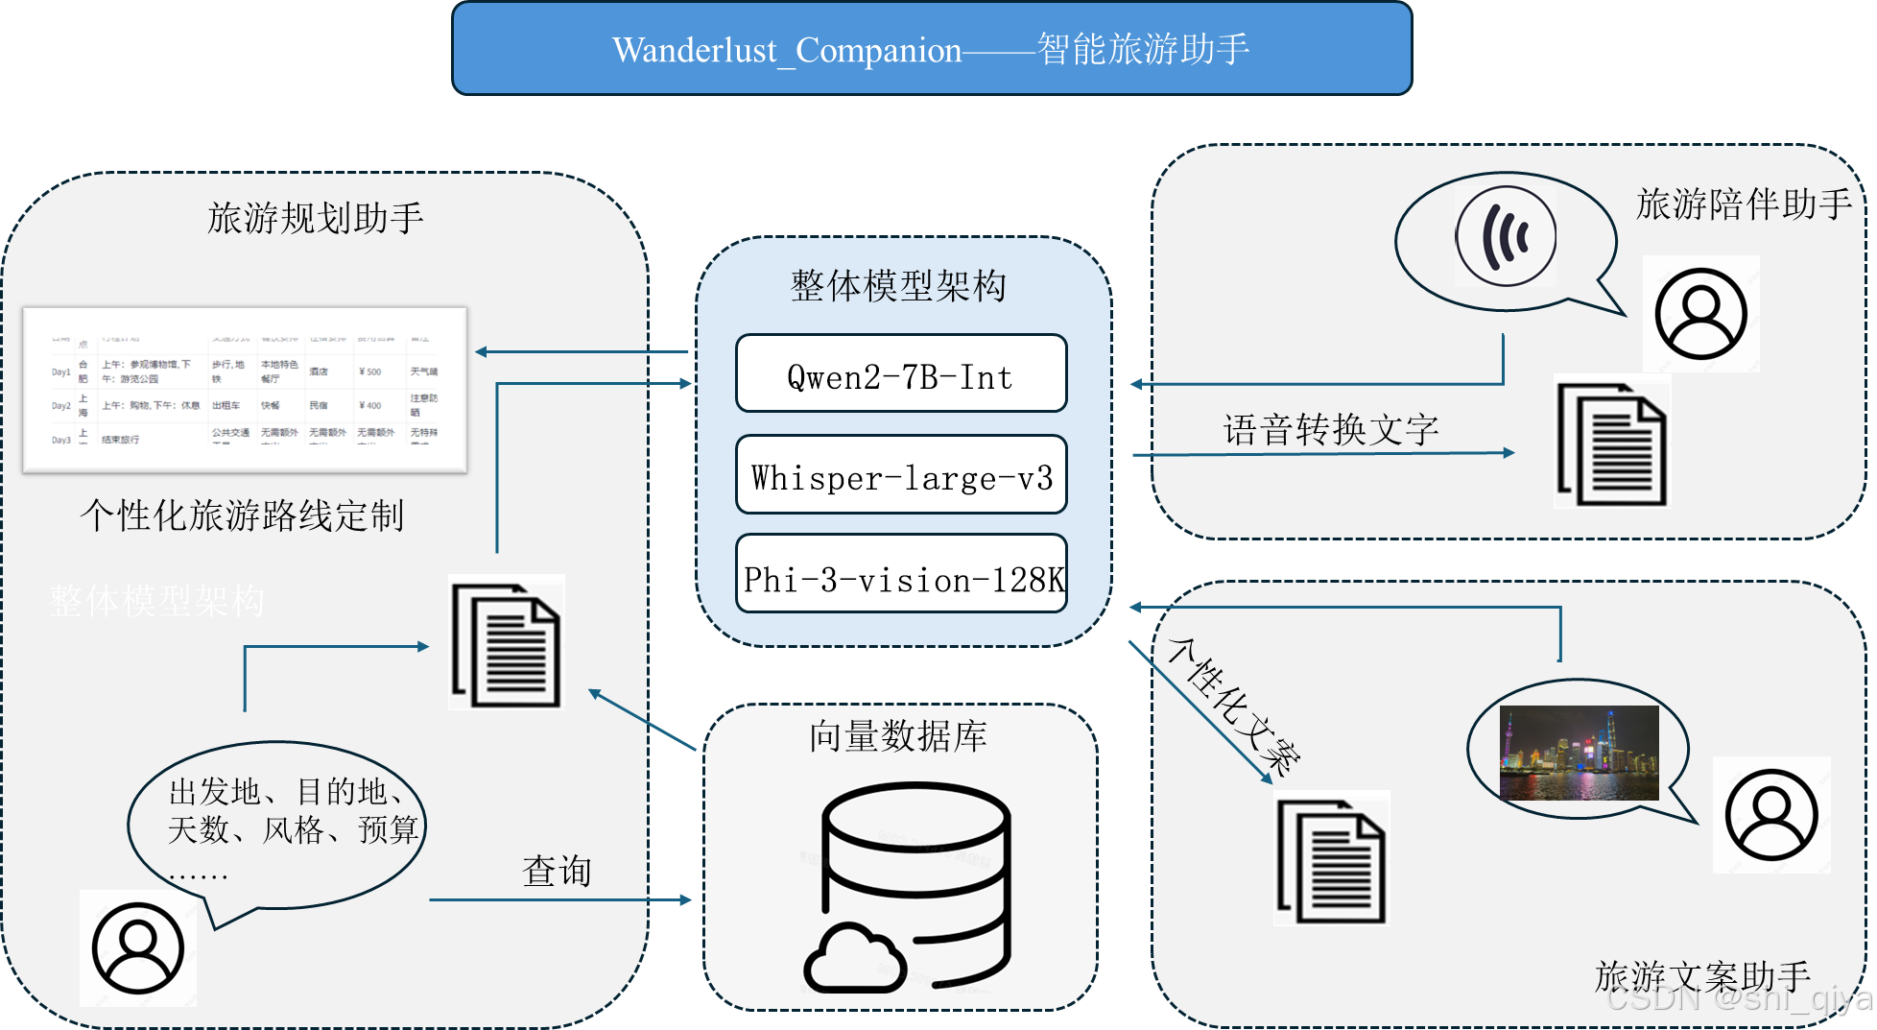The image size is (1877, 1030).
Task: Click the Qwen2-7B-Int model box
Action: [x=900, y=374]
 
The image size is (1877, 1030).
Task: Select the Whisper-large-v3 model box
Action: [x=900, y=475]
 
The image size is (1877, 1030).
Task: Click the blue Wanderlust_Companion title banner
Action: [x=931, y=49]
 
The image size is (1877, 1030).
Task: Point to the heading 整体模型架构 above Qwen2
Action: [x=898, y=285]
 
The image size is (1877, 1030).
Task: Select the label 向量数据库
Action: [x=898, y=736]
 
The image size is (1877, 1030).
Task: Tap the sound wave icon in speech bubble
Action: [x=1505, y=237]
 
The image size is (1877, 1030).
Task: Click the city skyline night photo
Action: [x=1579, y=753]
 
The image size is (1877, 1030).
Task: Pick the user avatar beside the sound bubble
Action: [x=1700, y=314]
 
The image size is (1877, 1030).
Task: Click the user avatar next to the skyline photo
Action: [x=1770, y=815]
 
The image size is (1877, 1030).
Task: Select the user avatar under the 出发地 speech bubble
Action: [x=138, y=947]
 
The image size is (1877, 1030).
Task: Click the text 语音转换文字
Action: [x=1331, y=429]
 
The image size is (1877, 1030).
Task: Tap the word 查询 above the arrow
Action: [x=557, y=871]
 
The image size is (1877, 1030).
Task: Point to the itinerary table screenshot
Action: [x=245, y=390]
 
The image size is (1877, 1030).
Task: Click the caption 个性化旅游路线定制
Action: [x=242, y=515]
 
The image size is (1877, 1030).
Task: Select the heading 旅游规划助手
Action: [x=315, y=218]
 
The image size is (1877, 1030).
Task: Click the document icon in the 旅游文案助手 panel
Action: [x=1331, y=859]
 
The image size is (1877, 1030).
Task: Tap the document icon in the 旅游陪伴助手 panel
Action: [x=1611, y=443]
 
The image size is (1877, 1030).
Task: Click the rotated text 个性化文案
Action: [x=1233, y=706]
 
